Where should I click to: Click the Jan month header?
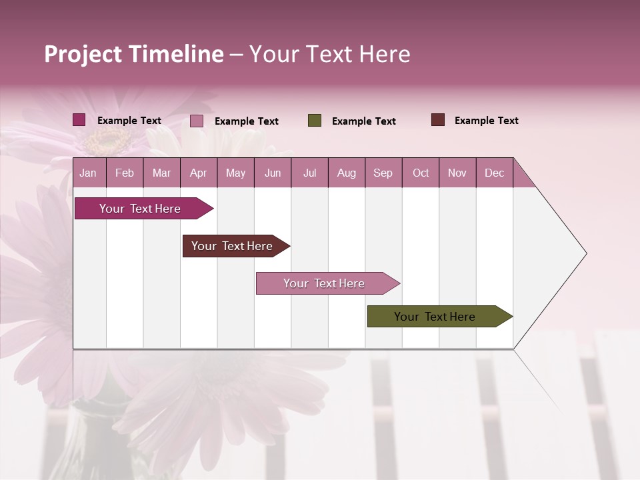click(88, 173)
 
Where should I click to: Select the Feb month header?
click(125, 173)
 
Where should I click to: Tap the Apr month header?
click(198, 173)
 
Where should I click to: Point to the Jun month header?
click(273, 173)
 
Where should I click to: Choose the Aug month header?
click(346, 173)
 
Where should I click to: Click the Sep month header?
click(383, 173)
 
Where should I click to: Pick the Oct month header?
click(421, 173)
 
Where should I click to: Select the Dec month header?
click(494, 173)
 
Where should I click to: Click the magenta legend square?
click(79, 120)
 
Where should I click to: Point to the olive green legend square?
click(315, 121)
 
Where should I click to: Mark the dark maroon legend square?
click(437, 120)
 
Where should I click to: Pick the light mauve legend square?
click(197, 121)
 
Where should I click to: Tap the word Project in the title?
click(83, 54)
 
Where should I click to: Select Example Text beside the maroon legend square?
click(486, 121)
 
